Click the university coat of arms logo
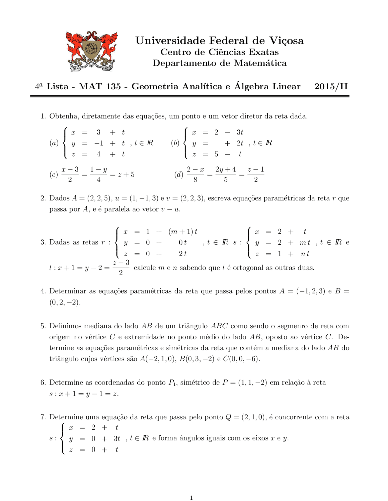[92, 51]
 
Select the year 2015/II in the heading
[331, 87]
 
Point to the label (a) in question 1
[54, 143]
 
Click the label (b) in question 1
[175, 143]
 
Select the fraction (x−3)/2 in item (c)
[70, 175]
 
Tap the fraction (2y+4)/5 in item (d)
[226, 175]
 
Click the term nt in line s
[305, 254]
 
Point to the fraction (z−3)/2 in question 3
[121, 267]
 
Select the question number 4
[43, 291]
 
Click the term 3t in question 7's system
[117, 439]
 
